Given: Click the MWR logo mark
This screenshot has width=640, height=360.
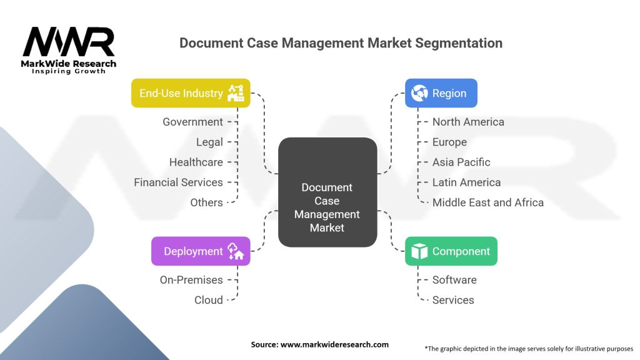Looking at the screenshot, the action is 69,42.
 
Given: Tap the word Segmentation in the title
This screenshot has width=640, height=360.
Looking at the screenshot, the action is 459,43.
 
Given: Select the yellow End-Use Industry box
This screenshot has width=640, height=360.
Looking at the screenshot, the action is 191,93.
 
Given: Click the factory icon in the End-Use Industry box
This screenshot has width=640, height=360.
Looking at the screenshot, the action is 236,93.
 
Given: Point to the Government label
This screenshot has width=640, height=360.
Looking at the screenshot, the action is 192,122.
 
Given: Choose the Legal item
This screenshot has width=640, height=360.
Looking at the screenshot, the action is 209,142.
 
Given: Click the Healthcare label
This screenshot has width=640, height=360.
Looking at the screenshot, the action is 196,162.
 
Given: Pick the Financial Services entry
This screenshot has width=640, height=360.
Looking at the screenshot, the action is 178,182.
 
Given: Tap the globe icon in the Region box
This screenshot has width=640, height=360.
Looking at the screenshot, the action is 419,93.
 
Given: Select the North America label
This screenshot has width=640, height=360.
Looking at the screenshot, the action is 468,122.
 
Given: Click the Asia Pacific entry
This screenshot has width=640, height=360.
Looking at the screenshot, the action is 461,162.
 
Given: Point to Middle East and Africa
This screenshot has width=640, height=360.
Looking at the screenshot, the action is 487,202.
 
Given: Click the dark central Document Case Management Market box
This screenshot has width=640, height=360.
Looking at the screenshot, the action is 327,192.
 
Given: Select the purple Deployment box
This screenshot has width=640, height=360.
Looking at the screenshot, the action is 201,251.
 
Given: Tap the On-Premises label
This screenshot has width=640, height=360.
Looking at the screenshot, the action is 191,280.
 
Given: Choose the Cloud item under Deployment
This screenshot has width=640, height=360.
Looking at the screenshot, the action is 209,300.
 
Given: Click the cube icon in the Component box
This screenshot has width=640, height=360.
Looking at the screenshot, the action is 419,251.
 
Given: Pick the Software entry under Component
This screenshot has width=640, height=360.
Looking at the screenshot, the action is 454,280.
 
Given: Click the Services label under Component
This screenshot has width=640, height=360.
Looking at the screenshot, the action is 453,300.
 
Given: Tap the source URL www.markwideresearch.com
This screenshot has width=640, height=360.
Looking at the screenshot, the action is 334,344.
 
